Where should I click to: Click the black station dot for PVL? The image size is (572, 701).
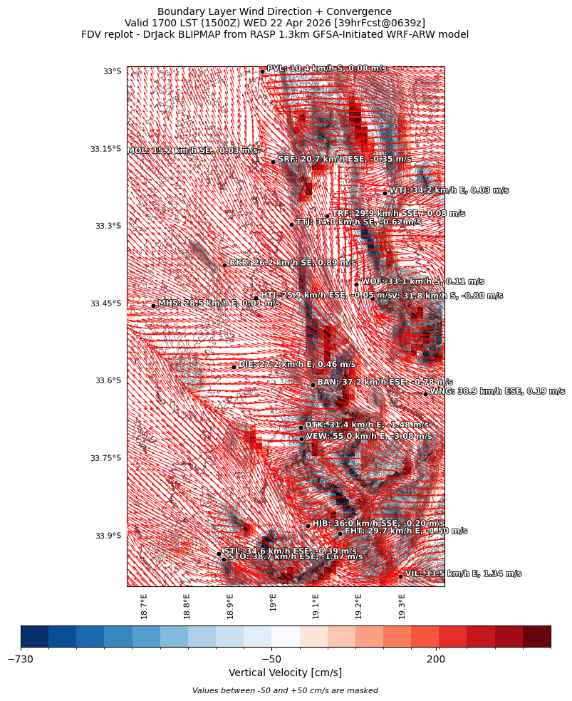click(262, 71)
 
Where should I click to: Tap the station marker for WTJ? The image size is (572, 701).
click(385, 193)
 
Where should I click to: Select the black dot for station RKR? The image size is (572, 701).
click(224, 265)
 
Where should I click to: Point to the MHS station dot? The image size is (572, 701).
click(153, 306)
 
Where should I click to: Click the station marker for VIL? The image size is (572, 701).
click(400, 576)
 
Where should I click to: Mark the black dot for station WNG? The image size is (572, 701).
click(425, 394)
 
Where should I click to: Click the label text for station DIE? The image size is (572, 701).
click(296, 365)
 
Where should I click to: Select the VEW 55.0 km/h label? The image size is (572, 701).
click(368, 437)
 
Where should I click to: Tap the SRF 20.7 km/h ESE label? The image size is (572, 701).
click(344, 160)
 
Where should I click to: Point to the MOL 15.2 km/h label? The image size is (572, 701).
click(192, 151)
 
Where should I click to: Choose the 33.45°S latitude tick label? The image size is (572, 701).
click(105, 303)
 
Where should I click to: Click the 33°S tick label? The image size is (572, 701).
click(112, 71)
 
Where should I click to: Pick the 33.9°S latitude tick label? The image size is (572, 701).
click(108, 536)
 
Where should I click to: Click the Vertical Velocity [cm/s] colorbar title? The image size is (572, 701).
click(285, 673)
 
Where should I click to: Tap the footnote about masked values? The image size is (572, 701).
click(285, 690)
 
